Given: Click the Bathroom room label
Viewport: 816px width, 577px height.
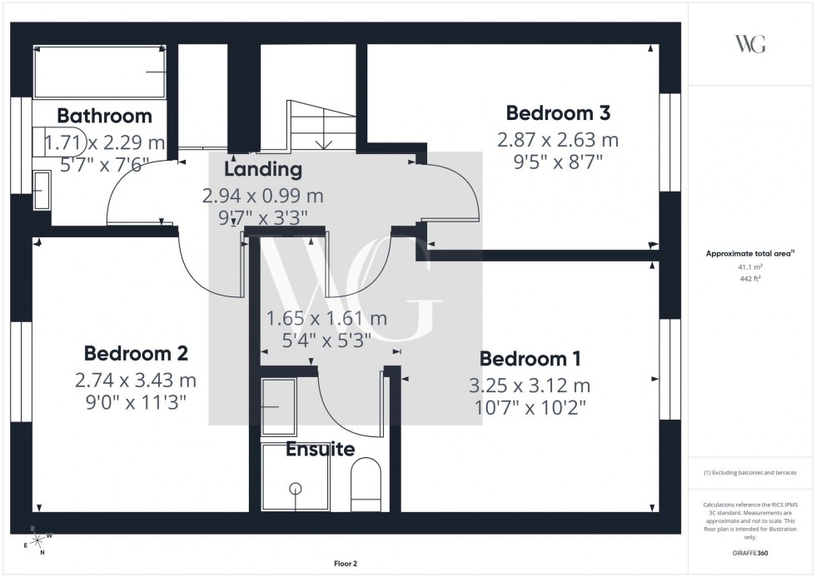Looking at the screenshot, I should tap(104, 116).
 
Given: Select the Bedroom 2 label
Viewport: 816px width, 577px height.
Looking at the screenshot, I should tap(136, 353).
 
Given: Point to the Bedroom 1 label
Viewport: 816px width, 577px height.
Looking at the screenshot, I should tap(530, 359).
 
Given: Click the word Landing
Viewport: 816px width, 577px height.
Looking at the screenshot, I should tap(262, 170).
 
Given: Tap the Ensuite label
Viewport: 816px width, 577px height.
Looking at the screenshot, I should tap(321, 450).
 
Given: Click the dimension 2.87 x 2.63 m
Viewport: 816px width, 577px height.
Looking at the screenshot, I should tap(558, 139).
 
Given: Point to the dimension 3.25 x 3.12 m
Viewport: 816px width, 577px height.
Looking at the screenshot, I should tap(530, 385).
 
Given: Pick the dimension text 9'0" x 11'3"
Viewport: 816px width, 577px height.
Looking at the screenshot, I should tap(136, 402).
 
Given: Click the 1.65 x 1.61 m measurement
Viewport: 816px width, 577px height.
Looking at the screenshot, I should tap(326, 318).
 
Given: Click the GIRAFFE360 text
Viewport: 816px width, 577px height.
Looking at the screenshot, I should tap(751, 552).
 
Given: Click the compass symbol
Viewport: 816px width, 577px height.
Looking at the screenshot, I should tap(37, 541).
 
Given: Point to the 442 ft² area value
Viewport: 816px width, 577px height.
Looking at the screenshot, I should tap(751, 278).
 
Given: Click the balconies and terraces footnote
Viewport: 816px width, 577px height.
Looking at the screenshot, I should tap(750, 473).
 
